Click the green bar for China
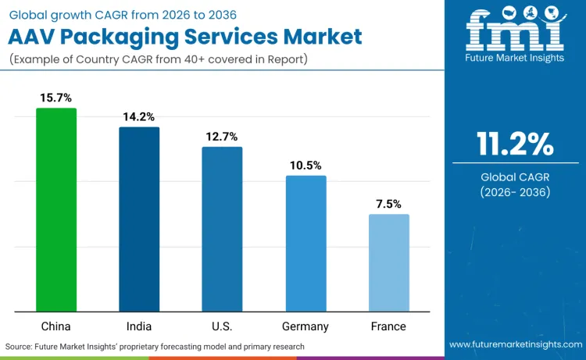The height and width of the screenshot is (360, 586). pyautogui.click(x=56, y=210)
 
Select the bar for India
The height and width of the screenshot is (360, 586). pyautogui.click(x=139, y=219)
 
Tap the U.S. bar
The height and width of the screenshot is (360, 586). pyautogui.click(x=222, y=230)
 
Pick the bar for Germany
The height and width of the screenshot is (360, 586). pyautogui.click(x=306, y=244)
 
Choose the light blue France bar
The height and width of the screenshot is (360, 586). pyautogui.click(x=388, y=263)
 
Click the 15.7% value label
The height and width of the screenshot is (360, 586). pyautogui.click(x=56, y=98)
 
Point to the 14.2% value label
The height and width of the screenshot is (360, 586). pyautogui.click(x=139, y=116)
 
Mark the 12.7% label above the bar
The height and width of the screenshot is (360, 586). pyautogui.click(x=222, y=137)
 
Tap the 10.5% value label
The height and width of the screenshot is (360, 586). pyautogui.click(x=306, y=166)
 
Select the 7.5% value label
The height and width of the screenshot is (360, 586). pyautogui.click(x=388, y=204)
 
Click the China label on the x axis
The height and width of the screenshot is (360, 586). pyautogui.click(x=56, y=326)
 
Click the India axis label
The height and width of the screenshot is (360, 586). pyautogui.click(x=139, y=326)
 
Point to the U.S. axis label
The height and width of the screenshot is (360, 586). pyautogui.click(x=222, y=326)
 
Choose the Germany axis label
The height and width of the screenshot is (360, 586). pyautogui.click(x=306, y=326)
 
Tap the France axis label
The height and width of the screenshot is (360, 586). pyautogui.click(x=388, y=326)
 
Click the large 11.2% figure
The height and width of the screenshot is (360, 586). pyautogui.click(x=515, y=145)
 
